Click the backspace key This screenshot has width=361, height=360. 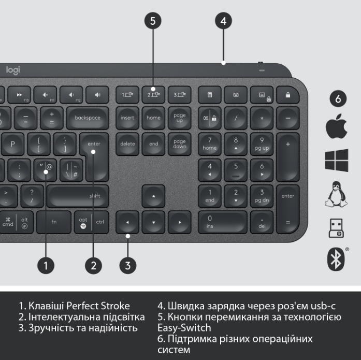pyautogui.click(x=87, y=118)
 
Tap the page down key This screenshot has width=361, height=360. pyautogui.click(x=179, y=143)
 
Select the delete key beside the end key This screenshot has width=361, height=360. pyautogui.click(x=127, y=143)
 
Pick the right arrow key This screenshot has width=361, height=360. pyautogui.click(x=179, y=222)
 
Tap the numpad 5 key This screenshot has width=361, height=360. pyautogui.click(x=236, y=169)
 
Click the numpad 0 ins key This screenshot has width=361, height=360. pyautogui.click(x=223, y=222)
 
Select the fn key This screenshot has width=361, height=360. pyautogui.click(x=54, y=222)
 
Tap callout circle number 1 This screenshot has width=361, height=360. pyautogui.click(x=46, y=266)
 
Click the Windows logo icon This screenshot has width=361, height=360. pyautogui.click(x=336, y=160)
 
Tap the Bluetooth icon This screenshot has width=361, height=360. pyautogui.click(x=336, y=259)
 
